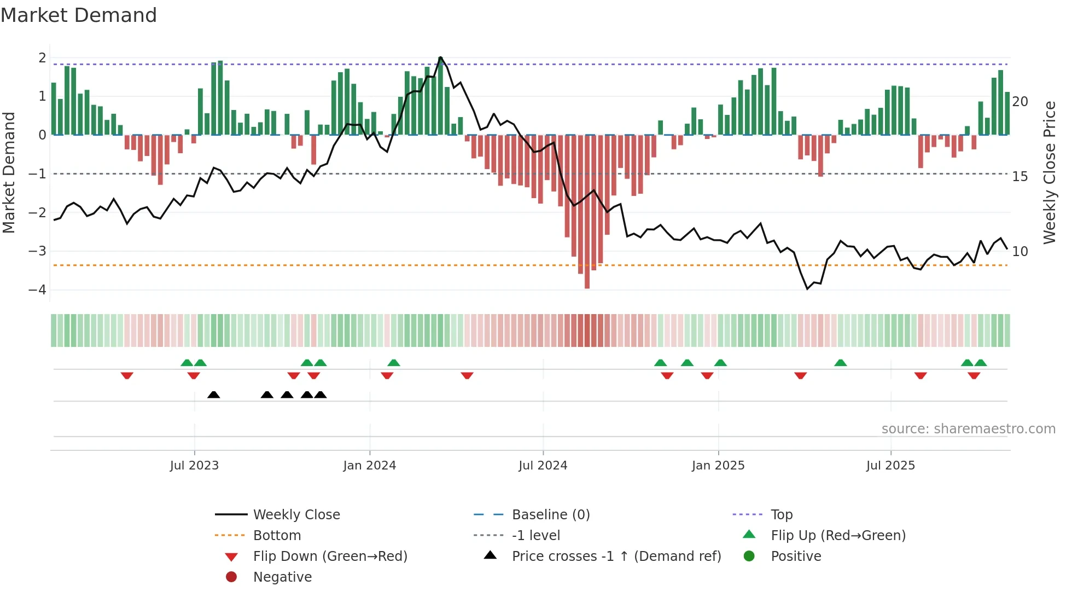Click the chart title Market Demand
coord(79,15)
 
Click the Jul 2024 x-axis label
coord(543,466)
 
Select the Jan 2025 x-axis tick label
coord(718,466)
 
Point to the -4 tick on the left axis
coord(38,290)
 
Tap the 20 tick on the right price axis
coord(1020,102)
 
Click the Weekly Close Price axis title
coord(1049,172)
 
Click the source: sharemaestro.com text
coord(968,429)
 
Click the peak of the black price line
coord(440,57)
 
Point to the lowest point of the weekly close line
coord(807,289)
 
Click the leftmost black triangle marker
coord(214,395)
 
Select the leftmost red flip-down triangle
coord(127,375)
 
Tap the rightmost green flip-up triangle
coord(981,363)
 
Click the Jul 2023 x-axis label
coord(194,466)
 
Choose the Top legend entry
coord(781,515)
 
